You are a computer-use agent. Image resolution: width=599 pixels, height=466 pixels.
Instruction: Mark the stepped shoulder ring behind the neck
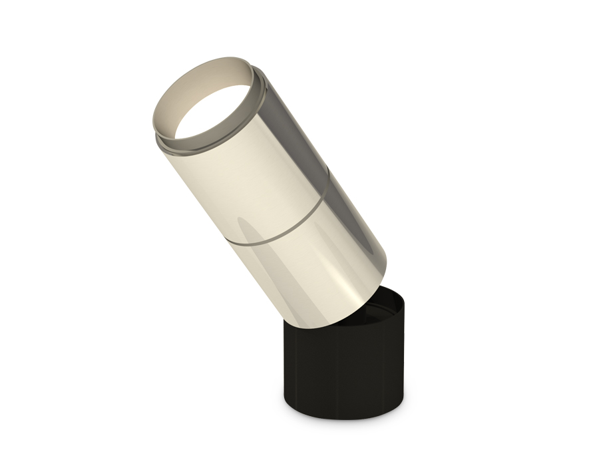pos(264,100)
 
